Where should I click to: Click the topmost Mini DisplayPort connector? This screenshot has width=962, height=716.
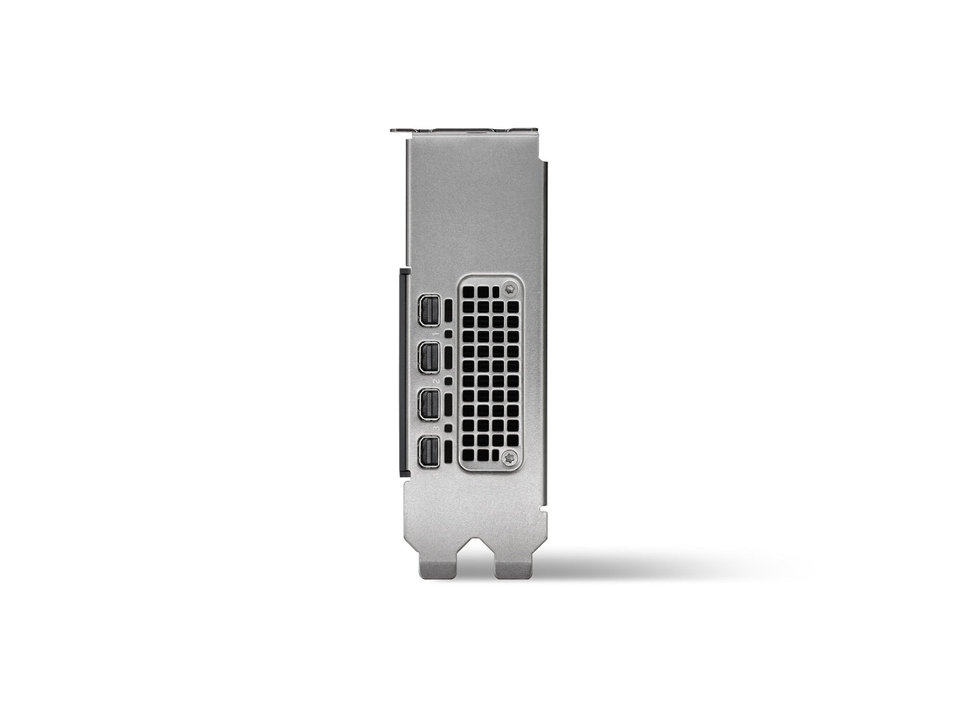[x=428, y=310]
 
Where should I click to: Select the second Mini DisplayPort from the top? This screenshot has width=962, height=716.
[x=428, y=356]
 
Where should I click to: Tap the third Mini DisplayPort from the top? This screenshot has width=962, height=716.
[x=428, y=404]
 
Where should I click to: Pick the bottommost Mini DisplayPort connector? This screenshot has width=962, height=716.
[x=428, y=451]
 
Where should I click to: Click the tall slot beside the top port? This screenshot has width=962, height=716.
[x=449, y=310]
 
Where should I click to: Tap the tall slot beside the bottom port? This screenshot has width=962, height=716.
[x=449, y=451]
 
